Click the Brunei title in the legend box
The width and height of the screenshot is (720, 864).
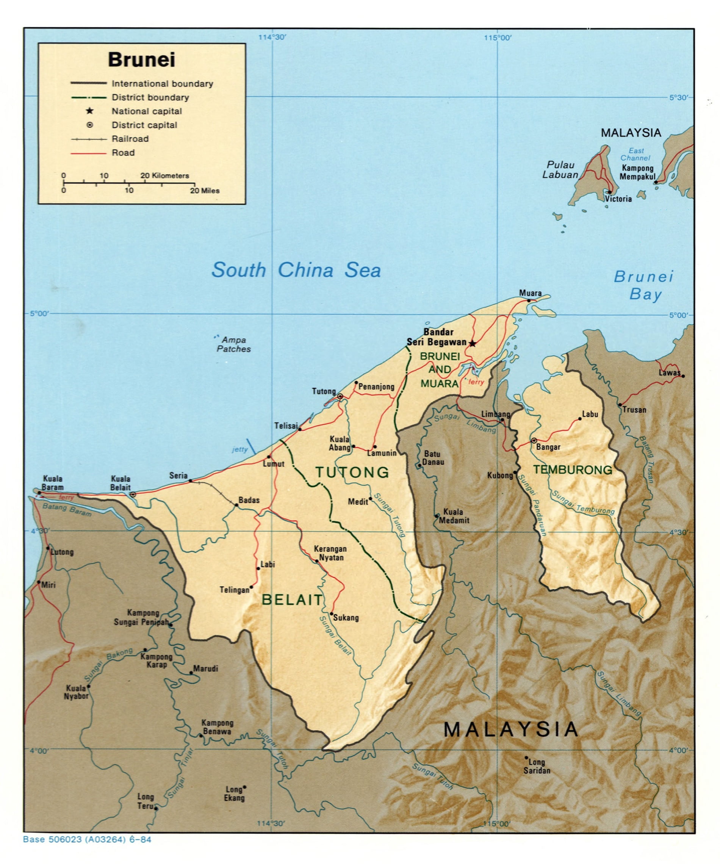click(141, 59)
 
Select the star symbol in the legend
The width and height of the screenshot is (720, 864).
click(89, 111)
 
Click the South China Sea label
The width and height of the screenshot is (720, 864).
click(296, 270)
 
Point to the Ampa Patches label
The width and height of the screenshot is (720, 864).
click(233, 344)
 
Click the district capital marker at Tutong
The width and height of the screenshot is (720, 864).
click(340, 396)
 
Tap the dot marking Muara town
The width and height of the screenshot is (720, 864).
click(529, 301)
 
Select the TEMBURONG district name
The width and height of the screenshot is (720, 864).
click(572, 470)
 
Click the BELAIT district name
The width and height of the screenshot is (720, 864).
click(292, 600)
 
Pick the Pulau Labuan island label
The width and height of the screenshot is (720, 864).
click(560, 169)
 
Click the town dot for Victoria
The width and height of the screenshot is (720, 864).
click(609, 192)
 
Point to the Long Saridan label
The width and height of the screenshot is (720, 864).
click(537, 766)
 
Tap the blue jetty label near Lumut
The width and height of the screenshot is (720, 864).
click(239, 449)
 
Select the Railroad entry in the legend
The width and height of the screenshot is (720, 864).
click(130, 139)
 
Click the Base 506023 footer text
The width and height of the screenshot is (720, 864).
click(87, 839)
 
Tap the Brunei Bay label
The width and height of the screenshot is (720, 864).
click(644, 285)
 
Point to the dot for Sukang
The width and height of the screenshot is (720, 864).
click(331, 614)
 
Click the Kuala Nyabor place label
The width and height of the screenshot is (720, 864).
click(76, 692)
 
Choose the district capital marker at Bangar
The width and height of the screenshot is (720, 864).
click(534, 440)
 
